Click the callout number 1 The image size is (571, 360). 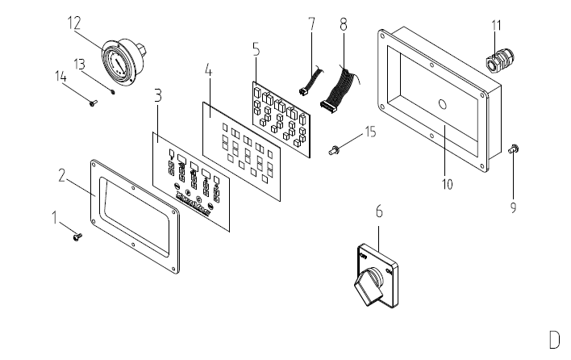pos(55,218)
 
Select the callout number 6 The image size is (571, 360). pos(379,212)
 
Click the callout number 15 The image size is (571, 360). pos(370,131)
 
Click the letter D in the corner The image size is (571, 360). pos(554,338)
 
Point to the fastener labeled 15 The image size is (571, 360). pos(335,149)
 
